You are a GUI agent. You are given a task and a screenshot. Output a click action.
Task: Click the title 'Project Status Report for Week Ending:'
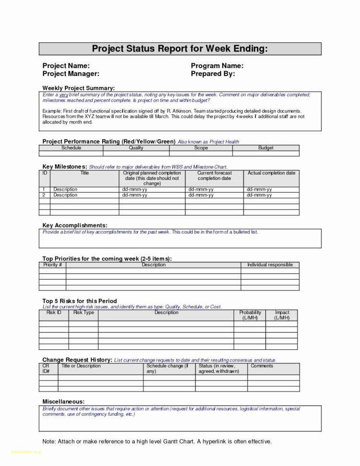[x=180, y=49]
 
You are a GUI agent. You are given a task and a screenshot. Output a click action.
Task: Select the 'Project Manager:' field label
[x=71, y=74]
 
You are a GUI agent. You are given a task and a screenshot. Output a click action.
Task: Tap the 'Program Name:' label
[x=217, y=66]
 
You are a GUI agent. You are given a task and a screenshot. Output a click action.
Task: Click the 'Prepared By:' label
[x=213, y=74]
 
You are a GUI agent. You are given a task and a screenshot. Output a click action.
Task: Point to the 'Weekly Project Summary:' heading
[x=78, y=88]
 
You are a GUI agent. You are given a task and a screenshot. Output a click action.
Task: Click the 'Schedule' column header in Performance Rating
[x=71, y=148]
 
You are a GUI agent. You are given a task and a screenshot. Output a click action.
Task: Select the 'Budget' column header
[x=265, y=148]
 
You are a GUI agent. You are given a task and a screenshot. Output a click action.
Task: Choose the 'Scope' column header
[x=201, y=148]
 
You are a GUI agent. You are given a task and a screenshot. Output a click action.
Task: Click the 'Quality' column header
[x=136, y=148]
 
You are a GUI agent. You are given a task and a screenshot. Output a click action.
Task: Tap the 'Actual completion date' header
[x=271, y=173]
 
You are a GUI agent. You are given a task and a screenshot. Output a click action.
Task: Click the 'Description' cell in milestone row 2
[x=65, y=196]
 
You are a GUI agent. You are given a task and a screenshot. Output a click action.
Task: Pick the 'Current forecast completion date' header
[x=214, y=175]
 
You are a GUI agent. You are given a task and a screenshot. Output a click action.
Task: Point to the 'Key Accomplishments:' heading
[x=74, y=225]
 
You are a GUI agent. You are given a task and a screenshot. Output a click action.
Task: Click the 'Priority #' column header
[x=52, y=265]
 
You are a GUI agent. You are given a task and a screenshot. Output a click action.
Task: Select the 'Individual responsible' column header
[x=270, y=265]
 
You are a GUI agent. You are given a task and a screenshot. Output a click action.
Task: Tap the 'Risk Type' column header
[x=84, y=313]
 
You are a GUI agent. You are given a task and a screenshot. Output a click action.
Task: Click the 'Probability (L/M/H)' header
[x=250, y=315]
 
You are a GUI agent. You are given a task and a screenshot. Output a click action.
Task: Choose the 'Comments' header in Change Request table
[x=262, y=366]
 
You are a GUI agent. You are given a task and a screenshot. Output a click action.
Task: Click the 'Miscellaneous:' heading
[x=63, y=401]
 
